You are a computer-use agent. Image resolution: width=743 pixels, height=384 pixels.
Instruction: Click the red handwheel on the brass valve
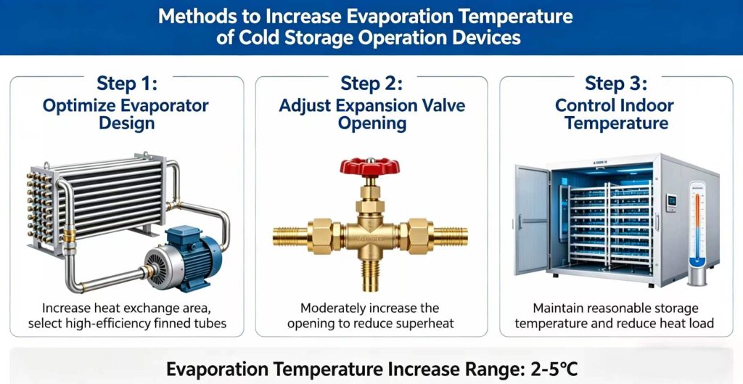coord(371,166)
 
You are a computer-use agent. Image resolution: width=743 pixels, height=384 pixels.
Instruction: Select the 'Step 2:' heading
coord(371,83)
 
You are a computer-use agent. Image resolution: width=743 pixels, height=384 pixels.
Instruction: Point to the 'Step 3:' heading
coord(616,83)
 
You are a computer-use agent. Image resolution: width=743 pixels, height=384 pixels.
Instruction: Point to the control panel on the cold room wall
coord(672,200)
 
